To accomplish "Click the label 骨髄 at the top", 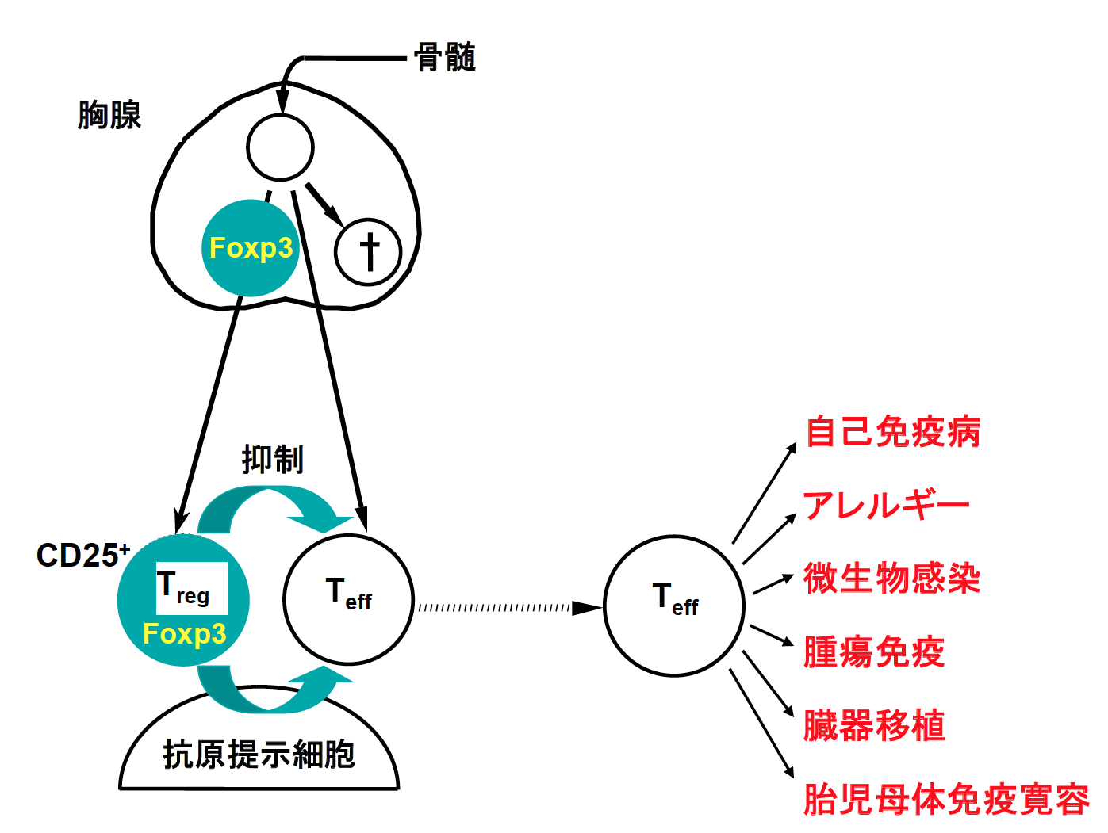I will [x=444, y=58].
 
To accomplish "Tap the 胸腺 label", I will [x=109, y=115].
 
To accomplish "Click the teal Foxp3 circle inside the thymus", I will [x=250, y=248].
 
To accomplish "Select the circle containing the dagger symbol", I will [x=368, y=252].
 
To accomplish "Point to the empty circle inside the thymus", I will [x=280, y=147].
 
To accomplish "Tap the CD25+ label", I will [x=82, y=555].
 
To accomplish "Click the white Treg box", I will [x=191, y=588].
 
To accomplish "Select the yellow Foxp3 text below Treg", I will [x=184, y=634].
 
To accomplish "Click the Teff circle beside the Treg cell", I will [x=348, y=599].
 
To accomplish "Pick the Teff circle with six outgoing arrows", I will [x=674, y=606].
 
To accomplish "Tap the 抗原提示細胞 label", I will [x=259, y=754].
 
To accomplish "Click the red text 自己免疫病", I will [x=892, y=432].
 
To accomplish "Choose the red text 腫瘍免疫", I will [x=873, y=651].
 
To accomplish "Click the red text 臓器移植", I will [x=873, y=725].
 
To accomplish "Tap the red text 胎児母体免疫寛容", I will [x=946, y=799].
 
